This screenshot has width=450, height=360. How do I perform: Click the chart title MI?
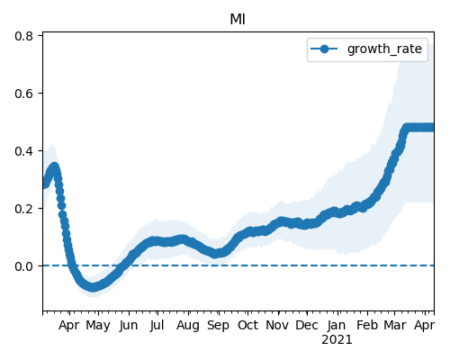pyautogui.click(x=238, y=20)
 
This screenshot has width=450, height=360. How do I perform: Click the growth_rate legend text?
pyautogui.click(x=384, y=49)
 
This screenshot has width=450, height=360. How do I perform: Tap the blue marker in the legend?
pyautogui.click(x=324, y=49)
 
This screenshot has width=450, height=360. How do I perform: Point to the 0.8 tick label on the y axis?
pyautogui.click(x=23, y=36)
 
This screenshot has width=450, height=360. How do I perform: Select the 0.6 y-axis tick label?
pyautogui.click(x=23, y=94)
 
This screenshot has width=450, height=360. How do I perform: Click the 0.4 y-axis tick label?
pyautogui.click(x=23, y=151)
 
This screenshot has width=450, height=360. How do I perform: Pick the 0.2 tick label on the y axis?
pyautogui.click(x=23, y=209)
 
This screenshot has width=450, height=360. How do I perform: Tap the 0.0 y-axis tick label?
pyautogui.click(x=23, y=266)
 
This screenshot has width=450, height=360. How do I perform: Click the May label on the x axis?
pyautogui.click(x=98, y=326)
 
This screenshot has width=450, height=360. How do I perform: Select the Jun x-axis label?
pyautogui.click(x=129, y=325)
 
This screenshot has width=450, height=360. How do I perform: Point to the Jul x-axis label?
pyautogui.click(x=157, y=325)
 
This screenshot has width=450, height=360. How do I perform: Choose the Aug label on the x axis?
pyautogui.click(x=188, y=326)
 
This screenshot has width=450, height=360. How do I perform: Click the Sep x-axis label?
pyautogui.click(x=218, y=326)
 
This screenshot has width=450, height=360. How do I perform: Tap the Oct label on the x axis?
pyautogui.click(x=247, y=325)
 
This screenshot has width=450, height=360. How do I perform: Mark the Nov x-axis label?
pyautogui.click(x=277, y=325)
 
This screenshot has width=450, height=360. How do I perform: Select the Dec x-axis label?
pyautogui.click(x=307, y=325)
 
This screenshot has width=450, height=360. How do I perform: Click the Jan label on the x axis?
pyautogui.click(x=337, y=325)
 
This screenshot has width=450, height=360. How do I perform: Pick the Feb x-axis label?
pyautogui.click(x=367, y=325)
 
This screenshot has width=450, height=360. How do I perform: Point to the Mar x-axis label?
pyautogui.click(x=395, y=325)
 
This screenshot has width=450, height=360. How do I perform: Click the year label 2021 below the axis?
pyautogui.click(x=337, y=340)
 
